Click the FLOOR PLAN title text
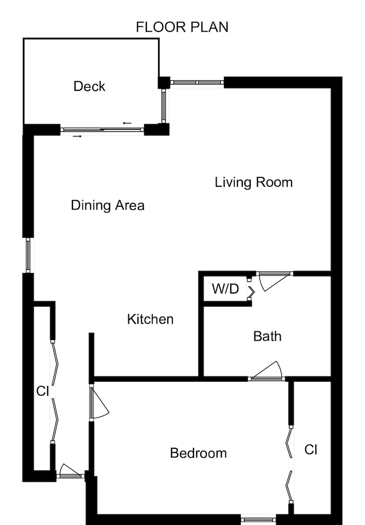182,27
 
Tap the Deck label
89,86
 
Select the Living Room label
253,183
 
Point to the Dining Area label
108,205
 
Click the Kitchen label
150,319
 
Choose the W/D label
225,289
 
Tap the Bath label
267,336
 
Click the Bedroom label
198,453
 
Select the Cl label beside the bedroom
311,450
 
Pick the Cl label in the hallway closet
42,391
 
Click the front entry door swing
70,470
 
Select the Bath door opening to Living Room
274,280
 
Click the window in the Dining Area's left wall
29,256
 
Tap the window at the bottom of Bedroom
259,520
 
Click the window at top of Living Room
197,82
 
